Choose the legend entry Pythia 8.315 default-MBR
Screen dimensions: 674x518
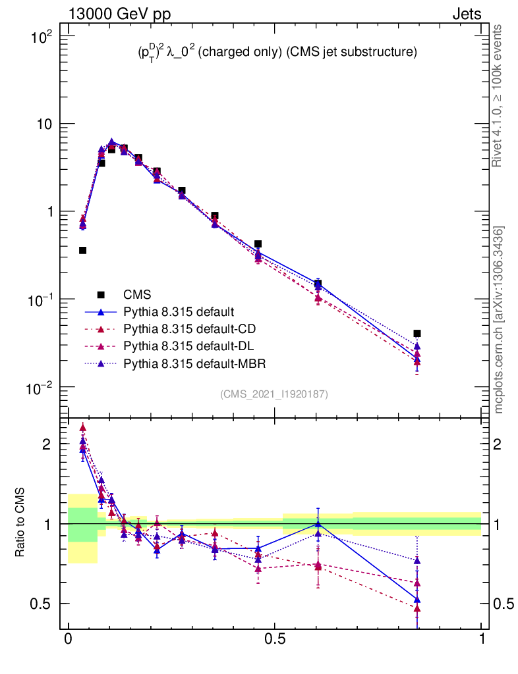(x=185, y=363)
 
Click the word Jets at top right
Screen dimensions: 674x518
(x=466, y=14)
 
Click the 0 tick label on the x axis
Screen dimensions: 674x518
(x=68, y=639)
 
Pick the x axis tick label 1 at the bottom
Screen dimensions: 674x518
(x=482, y=639)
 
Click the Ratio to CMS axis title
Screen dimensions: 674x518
(x=20, y=523)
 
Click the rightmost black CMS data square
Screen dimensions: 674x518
(x=417, y=334)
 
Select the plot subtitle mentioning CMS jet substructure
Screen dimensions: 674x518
(x=273, y=53)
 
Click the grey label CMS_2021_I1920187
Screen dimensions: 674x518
(x=274, y=394)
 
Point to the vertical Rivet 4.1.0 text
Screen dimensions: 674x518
(x=499, y=96)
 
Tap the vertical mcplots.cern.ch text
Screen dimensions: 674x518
(x=499, y=320)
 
